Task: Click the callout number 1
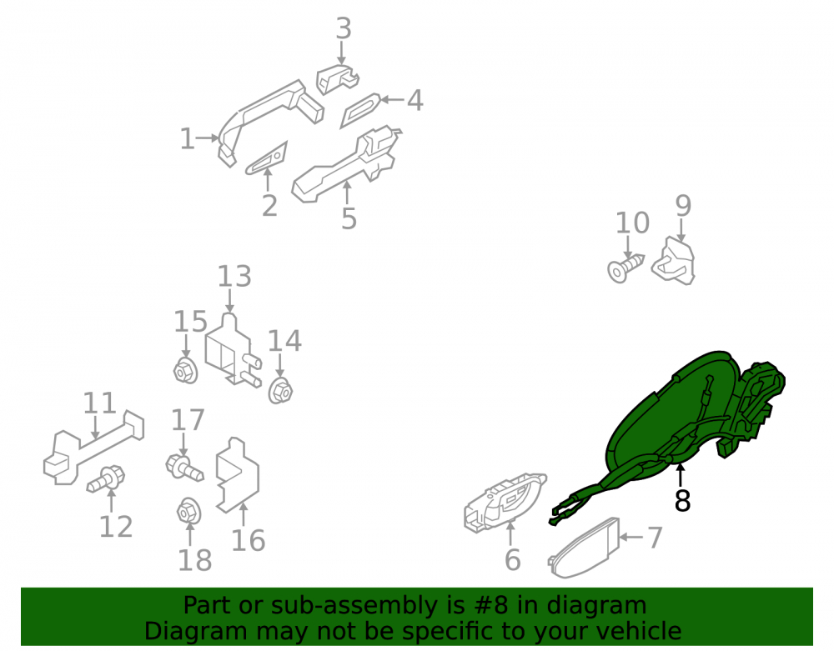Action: pyautogui.click(x=187, y=138)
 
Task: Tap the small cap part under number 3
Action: pyautogui.click(x=337, y=78)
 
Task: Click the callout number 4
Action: pyautogui.click(x=414, y=100)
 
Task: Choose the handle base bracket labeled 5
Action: pyautogui.click(x=346, y=165)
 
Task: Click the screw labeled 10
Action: pyautogui.click(x=625, y=268)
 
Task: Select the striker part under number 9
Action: pyautogui.click(x=675, y=262)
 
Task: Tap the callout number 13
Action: pyautogui.click(x=234, y=277)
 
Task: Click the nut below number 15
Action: pyautogui.click(x=186, y=370)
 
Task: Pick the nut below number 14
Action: pyautogui.click(x=279, y=391)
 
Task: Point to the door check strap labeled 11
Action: pyautogui.click(x=93, y=449)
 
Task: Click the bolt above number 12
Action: pyautogui.click(x=107, y=478)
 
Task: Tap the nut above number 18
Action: pyautogui.click(x=188, y=512)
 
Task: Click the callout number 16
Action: pyautogui.click(x=248, y=540)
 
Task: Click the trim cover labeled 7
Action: pyautogui.click(x=584, y=548)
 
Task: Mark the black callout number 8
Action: pyautogui.click(x=682, y=501)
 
